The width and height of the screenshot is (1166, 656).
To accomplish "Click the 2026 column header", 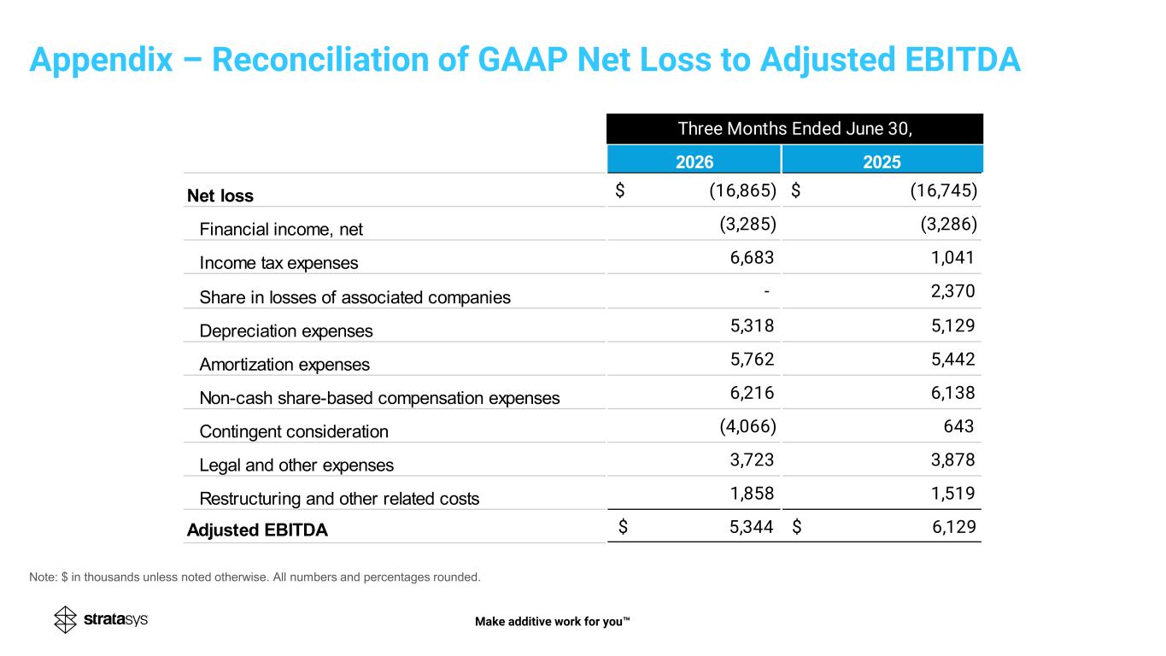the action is pos(694,162).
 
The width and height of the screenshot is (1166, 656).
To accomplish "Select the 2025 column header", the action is pos(882,162).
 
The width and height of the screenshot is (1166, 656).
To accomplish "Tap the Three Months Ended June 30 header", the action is pos(795,129).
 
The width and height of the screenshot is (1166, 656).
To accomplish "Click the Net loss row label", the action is pos(220,196).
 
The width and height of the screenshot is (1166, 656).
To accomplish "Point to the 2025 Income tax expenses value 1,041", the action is pos(952,257).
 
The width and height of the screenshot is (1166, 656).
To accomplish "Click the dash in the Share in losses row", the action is pos(767,291).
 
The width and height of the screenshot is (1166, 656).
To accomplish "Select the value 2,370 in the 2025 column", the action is pos(952,291).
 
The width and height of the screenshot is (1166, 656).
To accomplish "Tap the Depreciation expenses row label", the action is pos(286,331).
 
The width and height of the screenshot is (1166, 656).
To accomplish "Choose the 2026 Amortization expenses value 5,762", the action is pos(753,359).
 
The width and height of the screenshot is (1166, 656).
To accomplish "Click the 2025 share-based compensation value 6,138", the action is pos(952,393).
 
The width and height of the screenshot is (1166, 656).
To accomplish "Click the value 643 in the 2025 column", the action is pos(958,426).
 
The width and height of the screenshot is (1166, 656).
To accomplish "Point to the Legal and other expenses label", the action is pos(296,465).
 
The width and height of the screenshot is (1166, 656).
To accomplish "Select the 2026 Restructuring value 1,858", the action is pos(753,493).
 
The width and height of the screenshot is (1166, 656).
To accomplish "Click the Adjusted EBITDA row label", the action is pos(257,530).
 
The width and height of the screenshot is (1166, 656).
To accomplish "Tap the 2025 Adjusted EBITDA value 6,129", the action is pos(954,527).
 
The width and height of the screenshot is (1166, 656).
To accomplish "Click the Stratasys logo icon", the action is pos(65,619).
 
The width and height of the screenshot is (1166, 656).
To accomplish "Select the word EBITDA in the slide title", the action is pos(963,59).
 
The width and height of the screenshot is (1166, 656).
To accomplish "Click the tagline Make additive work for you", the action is pos(553,621).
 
